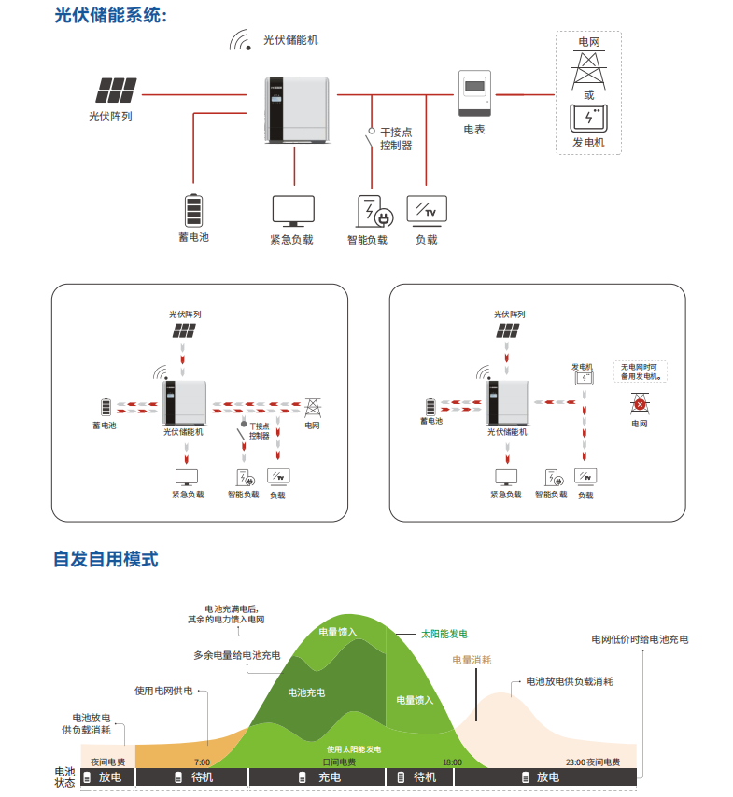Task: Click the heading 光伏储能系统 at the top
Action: (x=111, y=16)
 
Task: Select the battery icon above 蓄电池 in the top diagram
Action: (x=193, y=209)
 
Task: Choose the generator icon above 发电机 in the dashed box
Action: (x=588, y=119)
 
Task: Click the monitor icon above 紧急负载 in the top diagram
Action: (x=293, y=211)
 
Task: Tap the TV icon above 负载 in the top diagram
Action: (x=427, y=209)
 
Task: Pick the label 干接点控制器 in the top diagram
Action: (x=396, y=139)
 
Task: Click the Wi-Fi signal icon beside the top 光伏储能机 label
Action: (x=243, y=41)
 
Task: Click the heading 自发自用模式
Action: (x=106, y=559)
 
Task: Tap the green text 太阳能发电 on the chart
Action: (x=444, y=634)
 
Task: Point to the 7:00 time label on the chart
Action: (x=202, y=762)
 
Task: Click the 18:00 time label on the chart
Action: (x=452, y=762)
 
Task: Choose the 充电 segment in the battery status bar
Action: (x=317, y=777)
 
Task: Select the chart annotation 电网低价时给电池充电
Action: (x=640, y=639)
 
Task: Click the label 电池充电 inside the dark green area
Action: (x=306, y=692)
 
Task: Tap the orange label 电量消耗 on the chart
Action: (x=472, y=660)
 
